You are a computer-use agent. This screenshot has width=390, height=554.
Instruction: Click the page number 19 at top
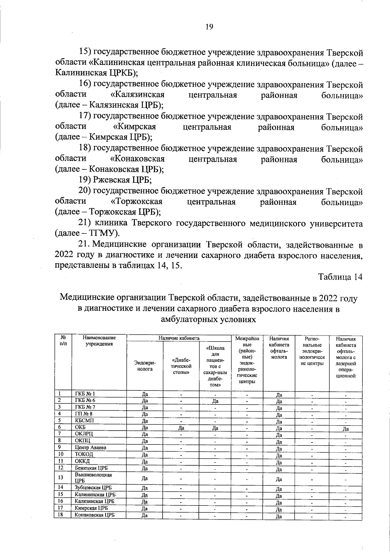tap(209, 27)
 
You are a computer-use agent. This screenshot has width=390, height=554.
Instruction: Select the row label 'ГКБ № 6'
tap(85, 400)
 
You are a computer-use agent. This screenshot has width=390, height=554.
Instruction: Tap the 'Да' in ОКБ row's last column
tap(345, 429)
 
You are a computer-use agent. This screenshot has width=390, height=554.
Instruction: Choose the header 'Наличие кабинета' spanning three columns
tap(179, 338)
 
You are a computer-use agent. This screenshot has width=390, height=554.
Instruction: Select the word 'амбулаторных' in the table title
tap(189, 319)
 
